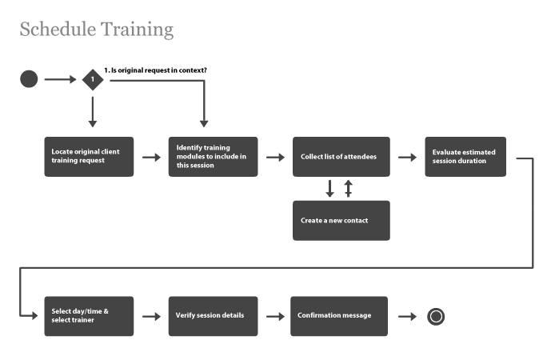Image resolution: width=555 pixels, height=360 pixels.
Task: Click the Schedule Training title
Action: [96, 30]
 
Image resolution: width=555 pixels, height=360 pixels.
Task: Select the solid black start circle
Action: [29, 79]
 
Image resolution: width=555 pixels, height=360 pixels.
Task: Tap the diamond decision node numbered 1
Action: [93, 79]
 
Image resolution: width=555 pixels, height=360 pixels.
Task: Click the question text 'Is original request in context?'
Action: [156, 70]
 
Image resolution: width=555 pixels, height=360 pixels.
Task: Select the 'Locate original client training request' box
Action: [89, 157]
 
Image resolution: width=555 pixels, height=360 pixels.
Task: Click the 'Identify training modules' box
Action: [213, 157]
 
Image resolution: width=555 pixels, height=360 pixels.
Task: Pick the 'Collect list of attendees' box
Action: [341, 157]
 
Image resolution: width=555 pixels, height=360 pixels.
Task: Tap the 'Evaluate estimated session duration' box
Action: [465, 157]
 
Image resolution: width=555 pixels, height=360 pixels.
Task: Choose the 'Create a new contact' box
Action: [341, 221]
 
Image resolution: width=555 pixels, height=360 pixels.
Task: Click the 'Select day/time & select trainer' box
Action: [89, 316]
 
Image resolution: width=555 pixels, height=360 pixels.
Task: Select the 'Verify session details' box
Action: [213, 316]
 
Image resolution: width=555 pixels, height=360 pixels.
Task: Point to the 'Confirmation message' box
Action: [339, 316]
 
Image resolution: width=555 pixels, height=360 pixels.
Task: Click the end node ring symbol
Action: [436, 316]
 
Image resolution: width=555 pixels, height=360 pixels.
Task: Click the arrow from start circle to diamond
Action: [60, 79]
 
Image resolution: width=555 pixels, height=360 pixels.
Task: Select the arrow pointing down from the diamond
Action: [93, 111]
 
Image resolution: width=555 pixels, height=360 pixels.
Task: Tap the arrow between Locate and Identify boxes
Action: [151, 157]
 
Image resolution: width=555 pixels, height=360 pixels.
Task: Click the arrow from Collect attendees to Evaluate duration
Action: [408, 157]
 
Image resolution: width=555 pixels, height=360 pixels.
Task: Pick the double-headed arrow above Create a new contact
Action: [348, 189]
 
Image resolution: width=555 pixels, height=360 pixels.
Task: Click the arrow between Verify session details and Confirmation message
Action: [276, 316]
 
